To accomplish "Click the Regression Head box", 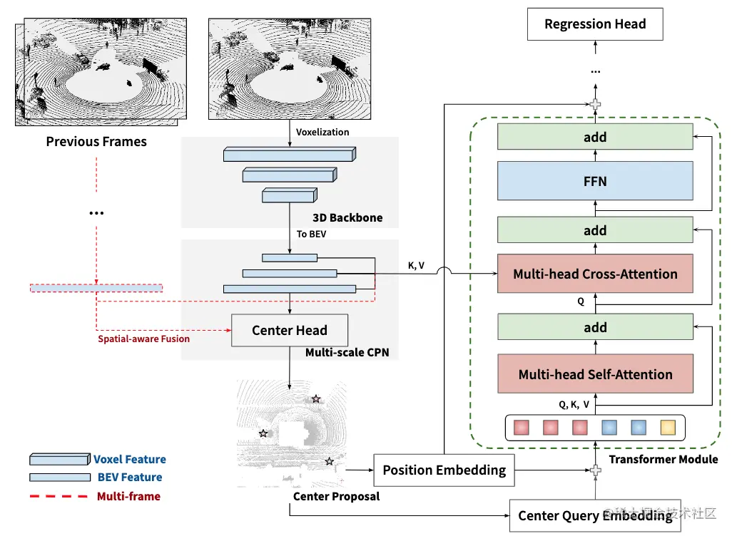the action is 595,24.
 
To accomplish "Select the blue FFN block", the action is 595,181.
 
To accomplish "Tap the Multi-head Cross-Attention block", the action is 595,274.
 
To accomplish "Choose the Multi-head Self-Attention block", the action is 595,373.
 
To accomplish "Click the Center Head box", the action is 290,330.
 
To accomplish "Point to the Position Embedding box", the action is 444,470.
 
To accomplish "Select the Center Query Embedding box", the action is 595,515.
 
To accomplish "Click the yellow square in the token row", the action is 668,428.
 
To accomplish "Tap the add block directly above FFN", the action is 595,137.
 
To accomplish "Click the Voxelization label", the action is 322,132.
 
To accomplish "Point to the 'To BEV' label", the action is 311,234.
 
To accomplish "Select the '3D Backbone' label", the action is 347,218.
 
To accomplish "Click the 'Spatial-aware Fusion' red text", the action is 144,339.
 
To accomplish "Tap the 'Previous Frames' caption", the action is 96,141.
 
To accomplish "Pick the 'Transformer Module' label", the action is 664,460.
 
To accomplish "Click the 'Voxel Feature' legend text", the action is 130,460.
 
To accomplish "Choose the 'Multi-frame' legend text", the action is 129,496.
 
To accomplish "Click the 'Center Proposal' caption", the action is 336,496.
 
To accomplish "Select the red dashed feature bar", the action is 96,288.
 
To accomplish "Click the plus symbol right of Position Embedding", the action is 595,470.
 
